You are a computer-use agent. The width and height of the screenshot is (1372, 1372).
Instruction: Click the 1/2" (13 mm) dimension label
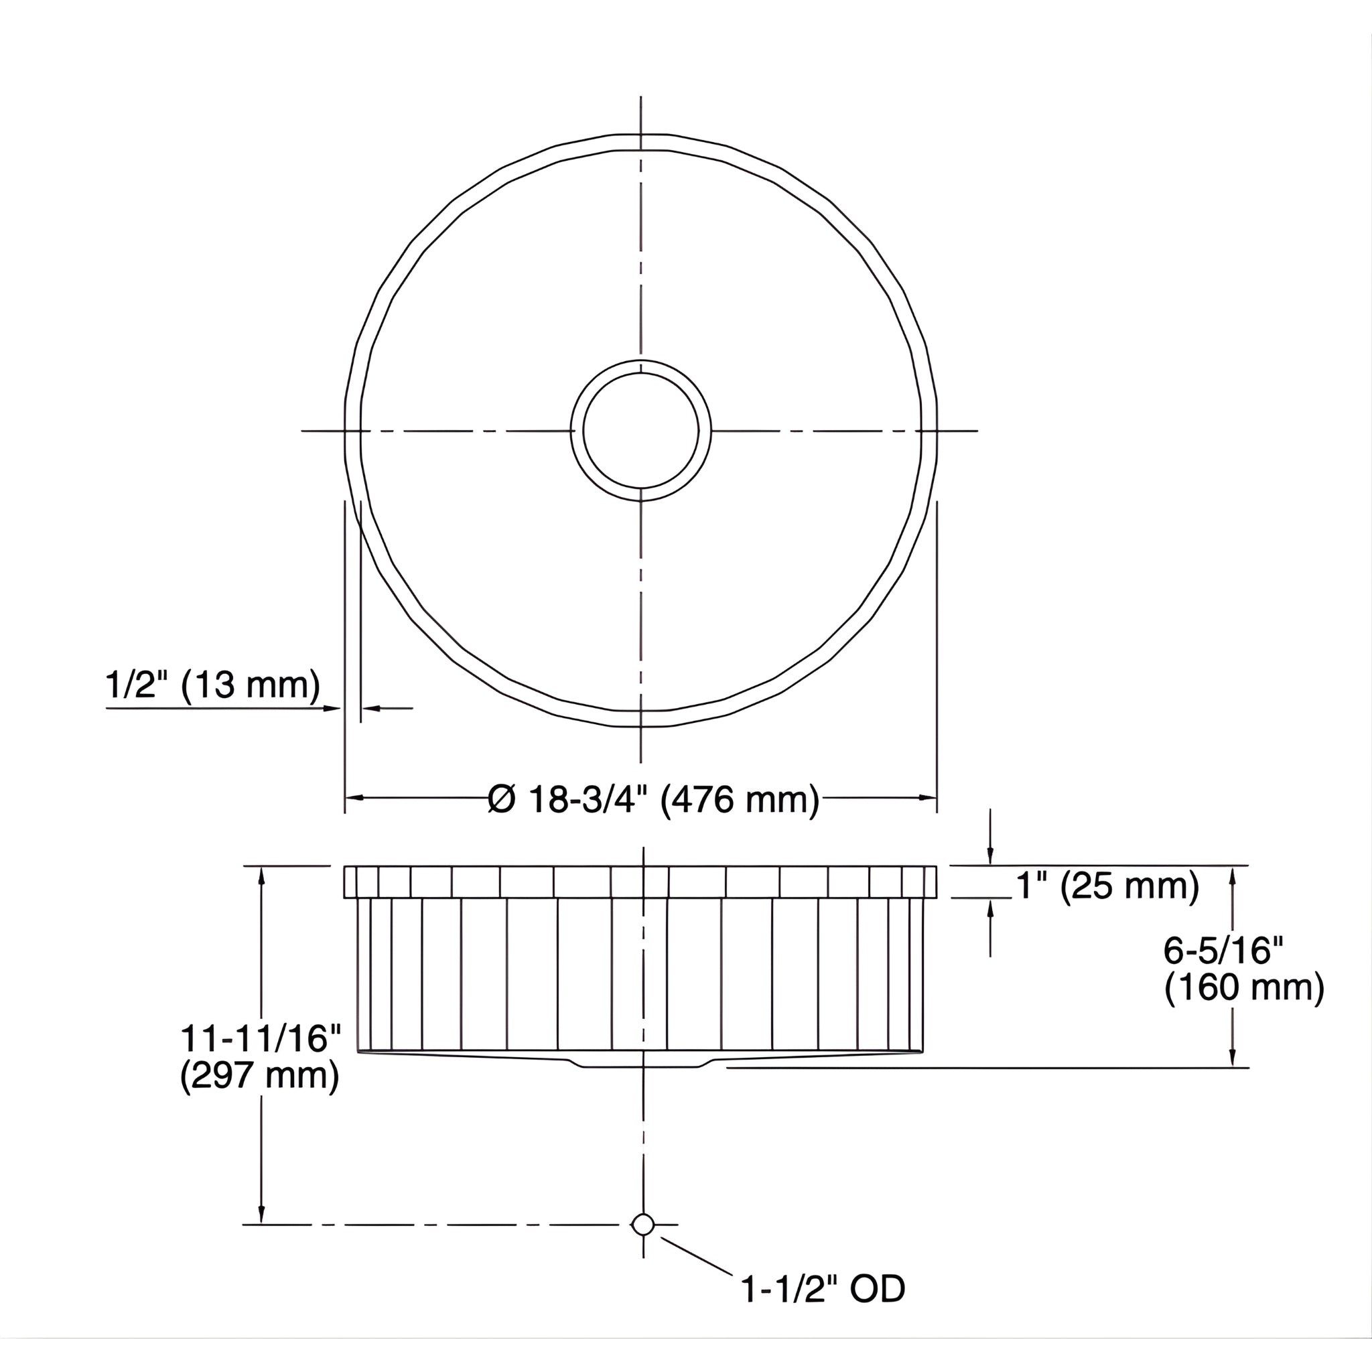pos(212,685)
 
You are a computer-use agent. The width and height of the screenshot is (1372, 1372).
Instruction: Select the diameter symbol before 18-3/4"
pos(501,801)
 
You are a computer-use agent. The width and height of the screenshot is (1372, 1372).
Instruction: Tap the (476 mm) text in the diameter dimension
pos(740,801)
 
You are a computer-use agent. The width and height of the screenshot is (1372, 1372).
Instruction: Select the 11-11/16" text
pos(261,1038)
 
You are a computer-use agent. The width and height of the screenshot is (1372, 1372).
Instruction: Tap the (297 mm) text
pos(259,1076)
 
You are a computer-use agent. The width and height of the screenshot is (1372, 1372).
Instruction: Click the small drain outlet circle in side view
pos(642,1225)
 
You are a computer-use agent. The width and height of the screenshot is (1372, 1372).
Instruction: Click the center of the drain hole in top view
pos(640,430)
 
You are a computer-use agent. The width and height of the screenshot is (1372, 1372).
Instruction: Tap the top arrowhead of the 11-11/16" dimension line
pos(261,875)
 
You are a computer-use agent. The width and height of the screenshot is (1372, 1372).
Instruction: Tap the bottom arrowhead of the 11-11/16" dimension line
pos(261,1216)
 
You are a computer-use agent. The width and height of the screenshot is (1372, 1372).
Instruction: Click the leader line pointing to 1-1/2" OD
pos(696,1256)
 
